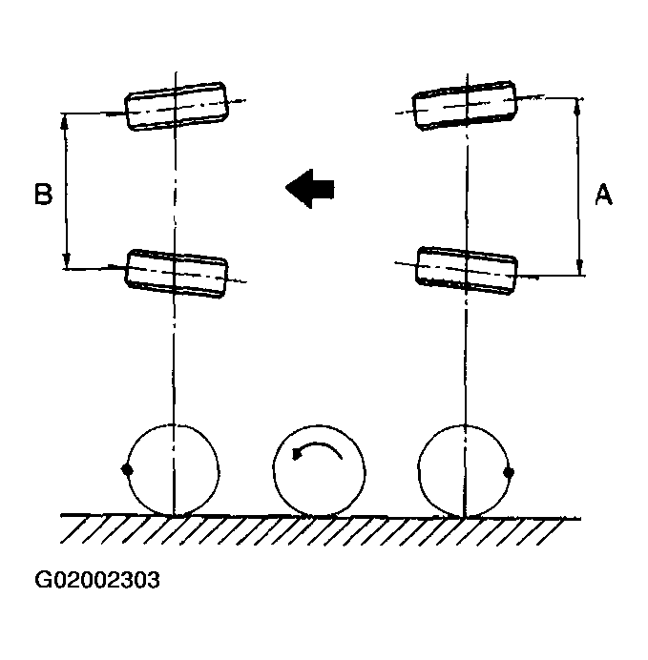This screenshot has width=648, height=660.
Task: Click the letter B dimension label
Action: pyautogui.click(x=43, y=194)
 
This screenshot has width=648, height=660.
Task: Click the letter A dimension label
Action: pyautogui.click(x=603, y=194)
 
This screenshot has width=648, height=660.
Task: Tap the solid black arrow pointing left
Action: pyautogui.click(x=310, y=189)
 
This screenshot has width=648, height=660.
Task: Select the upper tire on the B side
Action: pyautogui.click(x=176, y=106)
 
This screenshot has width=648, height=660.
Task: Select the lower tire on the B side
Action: pyautogui.click(x=176, y=273)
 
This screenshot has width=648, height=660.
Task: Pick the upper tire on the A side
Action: pyautogui.click(x=465, y=105)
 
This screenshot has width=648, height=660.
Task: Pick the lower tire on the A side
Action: pyautogui.click(x=467, y=271)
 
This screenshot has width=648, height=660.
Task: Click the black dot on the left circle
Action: pyautogui.click(x=127, y=469)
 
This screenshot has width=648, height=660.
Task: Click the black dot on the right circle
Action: pyautogui.click(x=509, y=472)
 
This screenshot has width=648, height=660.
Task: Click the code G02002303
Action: pyautogui.click(x=97, y=580)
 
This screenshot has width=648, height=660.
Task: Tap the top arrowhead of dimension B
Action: pyautogui.click(x=65, y=121)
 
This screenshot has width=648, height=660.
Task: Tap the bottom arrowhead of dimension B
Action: pyautogui.click(x=66, y=261)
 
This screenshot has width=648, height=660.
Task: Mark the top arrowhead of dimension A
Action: pyautogui.click(x=577, y=107)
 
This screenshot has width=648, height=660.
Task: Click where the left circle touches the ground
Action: pyautogui.click(x=173, y=516)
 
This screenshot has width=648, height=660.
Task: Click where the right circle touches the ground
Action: pyautogui.click(x=465, y=517)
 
